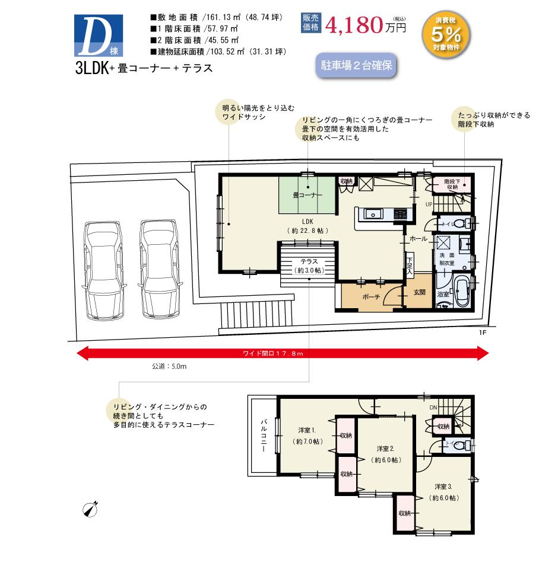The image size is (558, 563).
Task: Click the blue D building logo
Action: click(100, 34)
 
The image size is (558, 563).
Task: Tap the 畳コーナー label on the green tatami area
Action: click(307, 194)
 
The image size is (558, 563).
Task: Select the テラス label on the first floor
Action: click(308, 261)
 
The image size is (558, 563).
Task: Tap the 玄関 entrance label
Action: click(419, 292)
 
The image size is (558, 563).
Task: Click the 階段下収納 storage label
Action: click(452, 183)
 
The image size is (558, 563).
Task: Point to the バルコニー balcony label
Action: click(262, 437)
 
